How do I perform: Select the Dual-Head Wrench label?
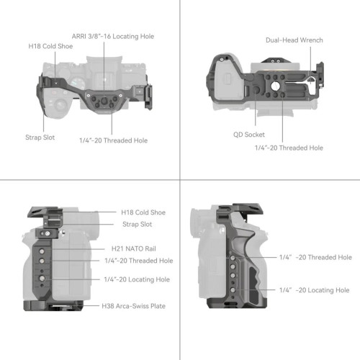click(294, 41)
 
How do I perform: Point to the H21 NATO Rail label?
click(127, 248)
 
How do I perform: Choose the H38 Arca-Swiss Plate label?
click(133, 306)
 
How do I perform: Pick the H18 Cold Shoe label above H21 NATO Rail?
click(144, 212)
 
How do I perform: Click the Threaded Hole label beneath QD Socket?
click(289, 148)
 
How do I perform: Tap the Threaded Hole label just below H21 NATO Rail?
click(138, 261)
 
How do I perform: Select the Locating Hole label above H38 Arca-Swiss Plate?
click(137, 279)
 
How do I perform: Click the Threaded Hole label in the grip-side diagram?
click(315, 257)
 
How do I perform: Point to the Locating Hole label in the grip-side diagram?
click(315, 289)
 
